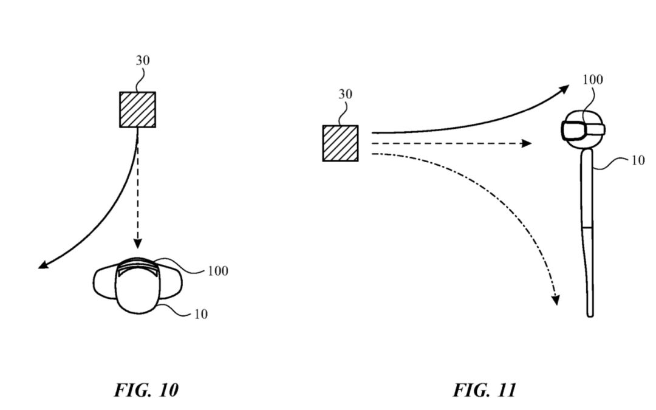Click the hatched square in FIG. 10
137,109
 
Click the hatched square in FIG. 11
340,143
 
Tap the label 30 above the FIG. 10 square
143,61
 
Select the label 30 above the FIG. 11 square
344,95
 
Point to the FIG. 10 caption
146,389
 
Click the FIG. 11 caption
484,389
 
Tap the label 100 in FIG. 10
218,271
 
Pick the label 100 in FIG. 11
593,80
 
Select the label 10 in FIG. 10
200,314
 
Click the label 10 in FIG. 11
638,161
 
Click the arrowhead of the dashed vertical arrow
138,244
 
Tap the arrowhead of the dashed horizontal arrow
527,143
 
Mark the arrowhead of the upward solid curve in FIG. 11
564,89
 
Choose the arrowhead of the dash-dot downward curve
555,299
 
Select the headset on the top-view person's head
138,267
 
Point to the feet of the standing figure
590,312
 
